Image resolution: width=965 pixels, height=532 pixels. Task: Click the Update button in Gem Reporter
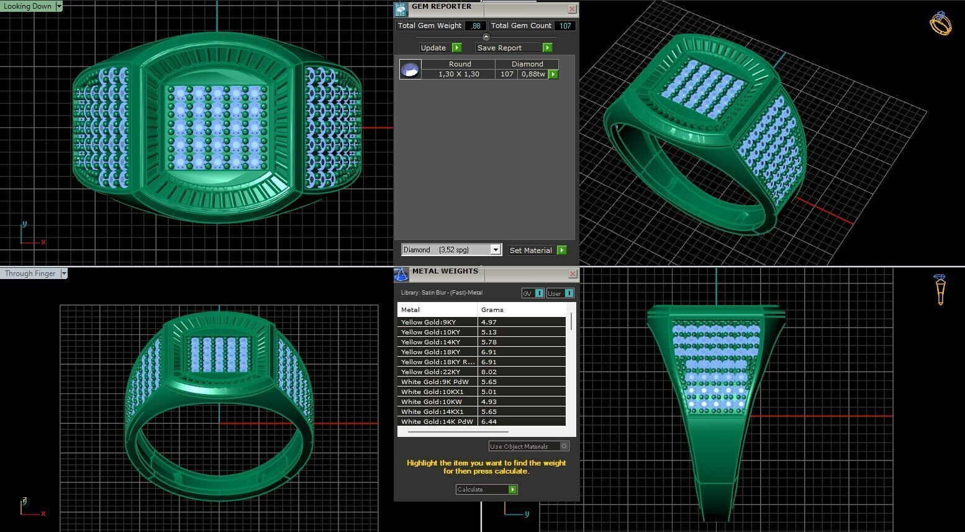(440, 48)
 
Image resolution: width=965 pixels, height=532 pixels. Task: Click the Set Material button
(537, 250)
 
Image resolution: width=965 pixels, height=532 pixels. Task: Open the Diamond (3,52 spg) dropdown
(495, 250)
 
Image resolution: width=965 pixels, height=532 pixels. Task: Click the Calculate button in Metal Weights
(486, 490)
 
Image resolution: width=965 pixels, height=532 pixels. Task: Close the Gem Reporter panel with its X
(572, 9)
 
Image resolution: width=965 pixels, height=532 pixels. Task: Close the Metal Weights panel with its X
(572, 273)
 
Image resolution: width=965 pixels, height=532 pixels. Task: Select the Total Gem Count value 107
(564, 25)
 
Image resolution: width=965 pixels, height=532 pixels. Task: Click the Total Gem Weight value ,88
(476, 25)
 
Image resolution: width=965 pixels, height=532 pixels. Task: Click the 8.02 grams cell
(489, 372)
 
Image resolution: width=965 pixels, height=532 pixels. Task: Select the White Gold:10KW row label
(430, 401)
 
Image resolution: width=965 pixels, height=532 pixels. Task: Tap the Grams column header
(492, 310)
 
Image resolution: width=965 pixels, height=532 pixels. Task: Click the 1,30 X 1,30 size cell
(458, 74)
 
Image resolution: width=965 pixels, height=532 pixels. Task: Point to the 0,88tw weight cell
(533, 74)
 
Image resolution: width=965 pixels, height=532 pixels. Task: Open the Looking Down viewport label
(31, 6)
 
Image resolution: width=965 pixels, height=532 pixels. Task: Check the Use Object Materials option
(564, 446)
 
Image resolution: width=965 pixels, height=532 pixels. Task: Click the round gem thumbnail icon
(410, 69)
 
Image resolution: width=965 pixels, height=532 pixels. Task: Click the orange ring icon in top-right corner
(940, 24)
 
